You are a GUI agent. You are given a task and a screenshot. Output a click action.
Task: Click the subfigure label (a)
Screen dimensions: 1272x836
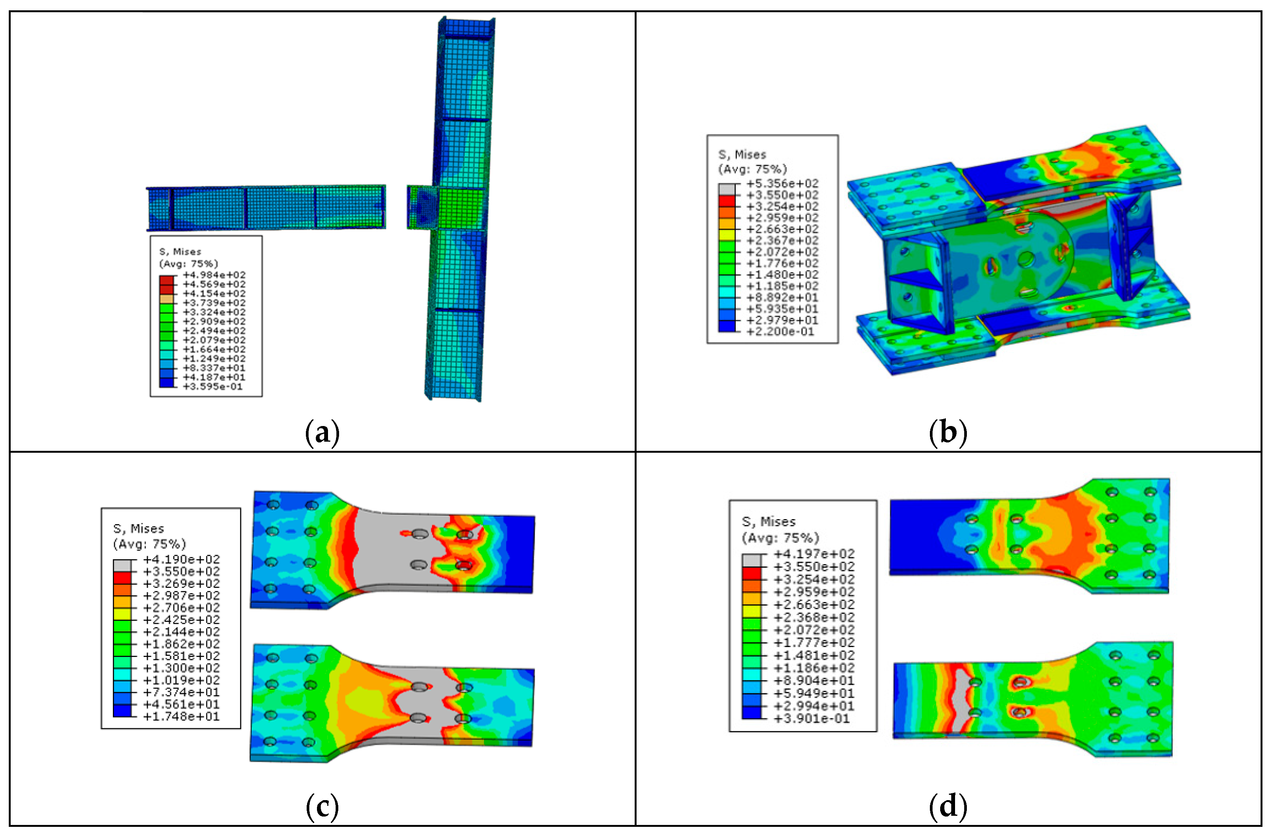tap(322, 432)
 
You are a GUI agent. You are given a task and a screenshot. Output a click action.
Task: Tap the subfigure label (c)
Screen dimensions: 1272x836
tap(322, 807)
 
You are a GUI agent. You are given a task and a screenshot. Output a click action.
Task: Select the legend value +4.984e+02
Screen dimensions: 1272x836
tap(214, 275)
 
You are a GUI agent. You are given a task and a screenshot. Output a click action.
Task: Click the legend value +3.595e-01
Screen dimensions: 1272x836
tap(213, 387)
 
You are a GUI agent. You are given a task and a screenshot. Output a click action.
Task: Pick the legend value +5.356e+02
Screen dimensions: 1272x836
tap(782, 184)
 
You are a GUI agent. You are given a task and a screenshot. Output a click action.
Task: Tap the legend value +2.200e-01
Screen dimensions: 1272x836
tap(780, 332)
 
